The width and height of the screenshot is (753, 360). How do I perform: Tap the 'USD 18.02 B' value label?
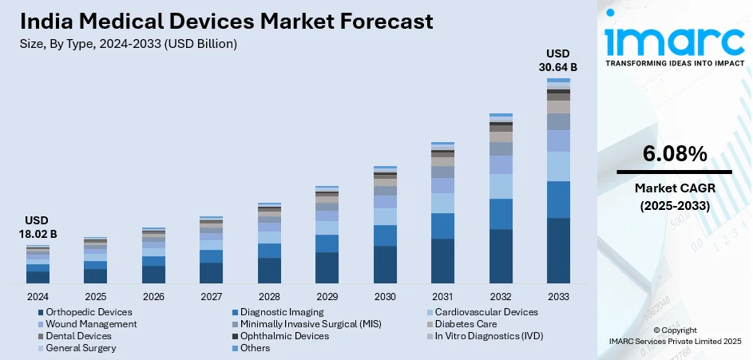[x=38, y=227]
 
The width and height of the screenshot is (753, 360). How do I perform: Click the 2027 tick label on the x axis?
[x=211, y=296]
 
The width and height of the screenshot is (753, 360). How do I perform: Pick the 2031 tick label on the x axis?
[x=442, y=296]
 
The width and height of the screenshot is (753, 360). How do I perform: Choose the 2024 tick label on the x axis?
[x=38, y=296]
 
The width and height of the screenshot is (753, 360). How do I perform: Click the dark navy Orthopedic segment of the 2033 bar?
[x=558, y=251]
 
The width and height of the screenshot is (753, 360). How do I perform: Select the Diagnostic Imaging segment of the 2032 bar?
[x=501, y=214]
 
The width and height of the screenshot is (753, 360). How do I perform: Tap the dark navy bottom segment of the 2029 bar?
[x=327, y=267]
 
